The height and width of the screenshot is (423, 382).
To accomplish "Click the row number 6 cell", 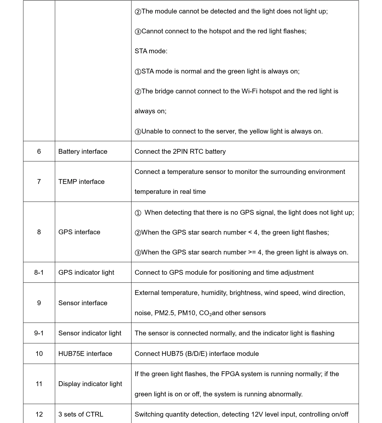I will pyautogui.click(x=39, y=151).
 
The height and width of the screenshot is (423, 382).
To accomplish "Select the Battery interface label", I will pyautogui.click(x=83, y=151).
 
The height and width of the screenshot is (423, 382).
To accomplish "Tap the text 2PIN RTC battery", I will pyautogui.click(x=199, y=151).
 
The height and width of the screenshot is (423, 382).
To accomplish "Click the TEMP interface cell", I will pyautogui.click(x=81, y=182).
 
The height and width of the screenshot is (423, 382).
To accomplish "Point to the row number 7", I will pyautogui.click(x=39, y=182).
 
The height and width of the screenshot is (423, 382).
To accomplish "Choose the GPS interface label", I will pyautogui.click(x=79, y=232).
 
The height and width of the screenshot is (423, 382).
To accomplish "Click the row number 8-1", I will pyautogui.click(x=39, y=272).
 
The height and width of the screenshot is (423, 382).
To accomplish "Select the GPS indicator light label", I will pyautogui.click(x=86, y=272).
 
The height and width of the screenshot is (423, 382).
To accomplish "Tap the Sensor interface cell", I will pyautogui.click(x=83, y=303).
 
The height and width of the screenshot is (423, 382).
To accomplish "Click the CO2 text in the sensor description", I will pyautogui.click(x=205, y=313).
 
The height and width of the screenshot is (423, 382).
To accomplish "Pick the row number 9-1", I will pyautogui.click(x=39, y=333).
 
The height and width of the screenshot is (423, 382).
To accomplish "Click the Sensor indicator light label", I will pyautogui.click(x=90, y=333).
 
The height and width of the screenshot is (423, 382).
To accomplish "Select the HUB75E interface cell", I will pyautogui.click(x=85, y=354).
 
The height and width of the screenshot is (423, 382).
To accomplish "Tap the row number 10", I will pyautogui.click(x=39, y=354).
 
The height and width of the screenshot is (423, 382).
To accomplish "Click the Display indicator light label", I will pyautogui.click(x=90, y=384).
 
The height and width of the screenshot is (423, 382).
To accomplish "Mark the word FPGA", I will pyautogui.click(x=230, y=374).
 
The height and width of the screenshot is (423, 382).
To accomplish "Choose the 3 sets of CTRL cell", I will pyautogui.click(x=81, y=414).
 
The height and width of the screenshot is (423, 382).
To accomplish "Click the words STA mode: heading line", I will pyautogui.click(x=151, y=51).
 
